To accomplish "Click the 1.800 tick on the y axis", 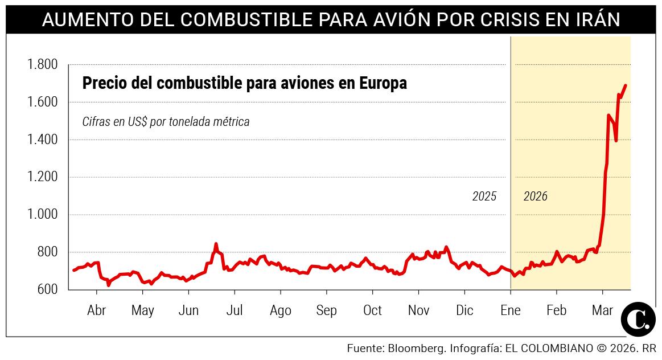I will tap(43, 64).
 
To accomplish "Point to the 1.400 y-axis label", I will tap(43, 140).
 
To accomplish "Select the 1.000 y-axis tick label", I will tap(43, 215).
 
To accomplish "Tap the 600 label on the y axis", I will tap(47, 289).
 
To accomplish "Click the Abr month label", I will tap(96, 310).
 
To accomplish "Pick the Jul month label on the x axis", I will tap(235, 310).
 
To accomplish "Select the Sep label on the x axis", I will tap(326, 310).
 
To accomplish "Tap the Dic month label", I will tap(464, 310).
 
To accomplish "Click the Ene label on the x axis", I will tap(511, 310).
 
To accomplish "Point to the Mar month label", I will tap(602, 310).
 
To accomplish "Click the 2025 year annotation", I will tap(484, 197).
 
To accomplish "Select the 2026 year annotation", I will tap(535, 197).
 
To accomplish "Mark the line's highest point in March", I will tap(626, 85).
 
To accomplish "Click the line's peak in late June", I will tap(216, 244).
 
